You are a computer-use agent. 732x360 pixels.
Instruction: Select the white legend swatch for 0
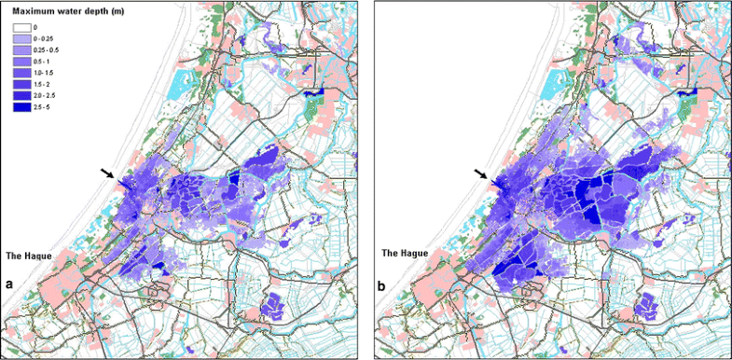pyautogui.click(x=22, y=29)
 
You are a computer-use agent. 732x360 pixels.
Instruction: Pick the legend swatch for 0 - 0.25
pyautogui.click(x=22, y=40)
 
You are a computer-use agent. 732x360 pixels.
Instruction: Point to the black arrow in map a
pyautogui.click(x=110, y=173)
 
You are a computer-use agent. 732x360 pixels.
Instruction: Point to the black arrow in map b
pyautogui.click(x=481, y=173)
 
